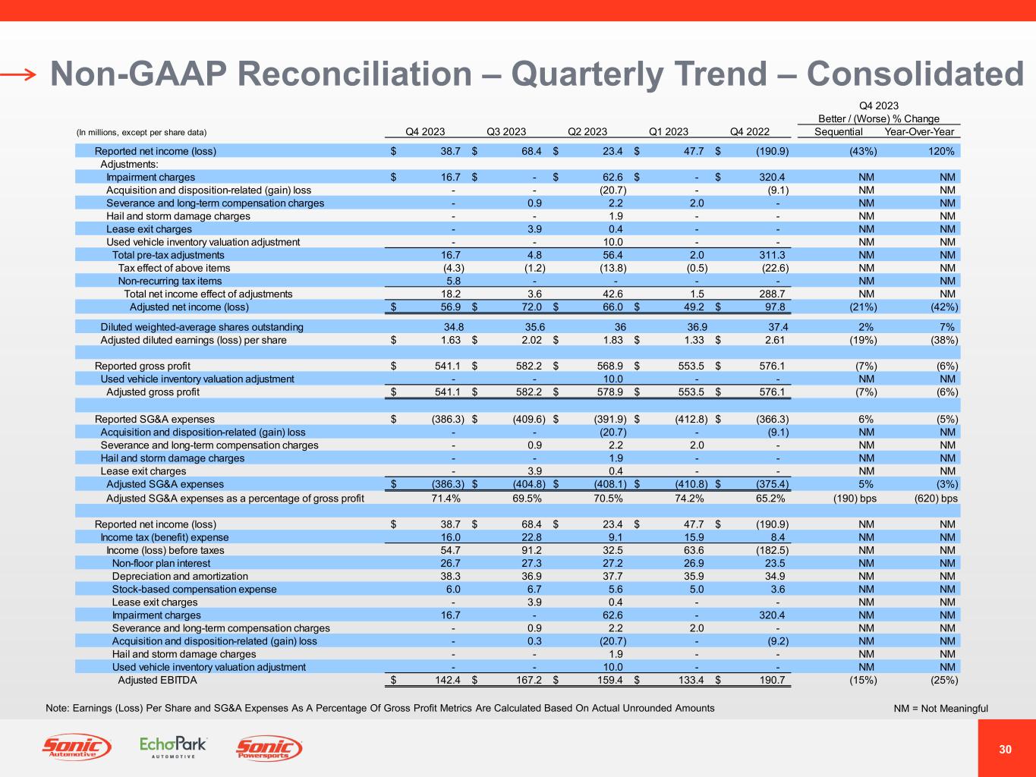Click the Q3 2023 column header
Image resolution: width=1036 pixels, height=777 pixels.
pos(505,131)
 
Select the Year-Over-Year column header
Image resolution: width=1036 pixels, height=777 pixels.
pos(919,131)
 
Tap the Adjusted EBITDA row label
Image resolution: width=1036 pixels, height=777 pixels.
pos(157,680)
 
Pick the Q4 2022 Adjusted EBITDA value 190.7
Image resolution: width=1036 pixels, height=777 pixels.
pos(773,680)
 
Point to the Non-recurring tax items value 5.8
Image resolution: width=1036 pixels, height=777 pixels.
pos(453,281)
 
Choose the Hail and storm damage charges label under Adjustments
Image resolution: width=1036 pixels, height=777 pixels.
pos(178,215)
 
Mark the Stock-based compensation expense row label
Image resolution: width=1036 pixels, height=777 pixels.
pos(194,589)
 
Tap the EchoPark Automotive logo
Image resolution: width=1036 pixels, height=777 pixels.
pos(173,747)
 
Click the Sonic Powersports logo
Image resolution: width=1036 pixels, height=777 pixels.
pos(269,749)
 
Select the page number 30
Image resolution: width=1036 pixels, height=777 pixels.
pos(1006,750)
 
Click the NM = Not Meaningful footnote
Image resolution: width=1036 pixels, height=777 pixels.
pos(940,709)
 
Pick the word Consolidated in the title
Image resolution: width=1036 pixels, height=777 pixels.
pos(915,74)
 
